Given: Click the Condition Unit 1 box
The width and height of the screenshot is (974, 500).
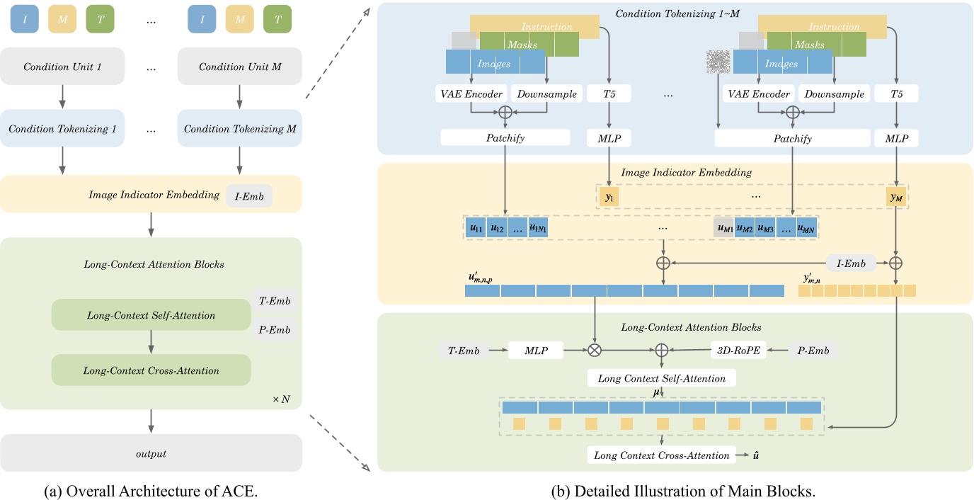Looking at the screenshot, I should (62, 67).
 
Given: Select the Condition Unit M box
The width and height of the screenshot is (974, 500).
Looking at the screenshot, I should (240, 67).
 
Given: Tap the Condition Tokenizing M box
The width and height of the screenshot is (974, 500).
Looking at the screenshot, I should (240, 129).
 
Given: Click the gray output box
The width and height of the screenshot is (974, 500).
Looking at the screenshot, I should (151, 453).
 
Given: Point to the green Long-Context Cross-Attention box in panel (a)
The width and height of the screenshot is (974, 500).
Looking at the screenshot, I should (151, 370).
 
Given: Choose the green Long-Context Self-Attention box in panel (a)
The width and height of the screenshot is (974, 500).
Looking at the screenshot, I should (151, 315).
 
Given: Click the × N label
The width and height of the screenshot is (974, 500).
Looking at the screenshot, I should (281, 399).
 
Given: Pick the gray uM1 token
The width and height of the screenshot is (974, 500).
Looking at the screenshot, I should (724, 228).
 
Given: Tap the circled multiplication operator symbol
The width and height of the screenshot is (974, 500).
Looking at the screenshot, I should (595, 350).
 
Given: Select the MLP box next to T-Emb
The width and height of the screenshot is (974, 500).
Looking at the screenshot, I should (536, 350).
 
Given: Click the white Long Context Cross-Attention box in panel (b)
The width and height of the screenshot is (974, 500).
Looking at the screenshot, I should (661, 455).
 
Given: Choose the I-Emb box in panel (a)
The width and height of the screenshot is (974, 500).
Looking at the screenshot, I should (248, 196).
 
